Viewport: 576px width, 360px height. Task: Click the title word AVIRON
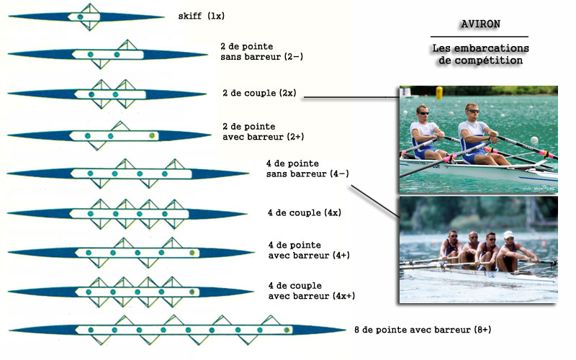tap(479, 24)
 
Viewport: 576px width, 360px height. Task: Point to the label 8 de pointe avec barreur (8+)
tap(423, 329)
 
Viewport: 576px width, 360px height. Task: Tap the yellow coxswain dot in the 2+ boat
tap(152, 135)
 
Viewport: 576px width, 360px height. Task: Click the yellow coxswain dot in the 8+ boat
tap(287, 330)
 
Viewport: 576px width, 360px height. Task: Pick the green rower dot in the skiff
tap(80, 16)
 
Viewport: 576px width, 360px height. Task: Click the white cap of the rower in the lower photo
tap(508, 234)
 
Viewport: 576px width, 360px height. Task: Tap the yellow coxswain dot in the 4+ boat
tap(192, 253)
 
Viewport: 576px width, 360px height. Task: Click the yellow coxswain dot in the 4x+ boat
tap(193, 292)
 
